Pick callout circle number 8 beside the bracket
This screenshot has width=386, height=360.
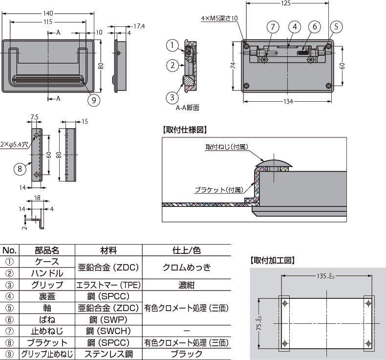[19, 169]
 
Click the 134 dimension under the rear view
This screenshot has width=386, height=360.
[288, 102]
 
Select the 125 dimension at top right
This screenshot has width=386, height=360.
[286, 3]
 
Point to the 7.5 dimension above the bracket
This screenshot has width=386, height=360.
[34, 117]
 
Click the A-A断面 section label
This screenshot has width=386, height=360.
[188, 108]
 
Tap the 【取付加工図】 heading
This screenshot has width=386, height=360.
[273, 260]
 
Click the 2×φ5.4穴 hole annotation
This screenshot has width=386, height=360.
[14, 145]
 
